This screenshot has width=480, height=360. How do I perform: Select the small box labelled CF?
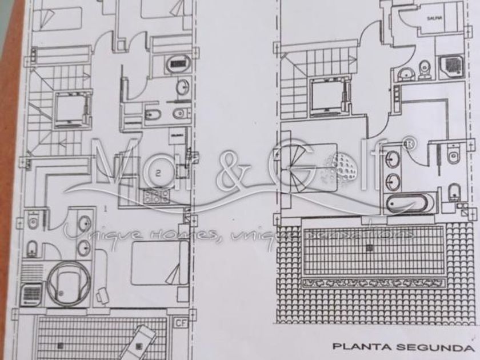pos(181,323)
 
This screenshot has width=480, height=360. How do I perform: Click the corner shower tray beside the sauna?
pos(451,65)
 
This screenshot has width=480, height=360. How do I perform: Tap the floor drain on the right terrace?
pos(371,247)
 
